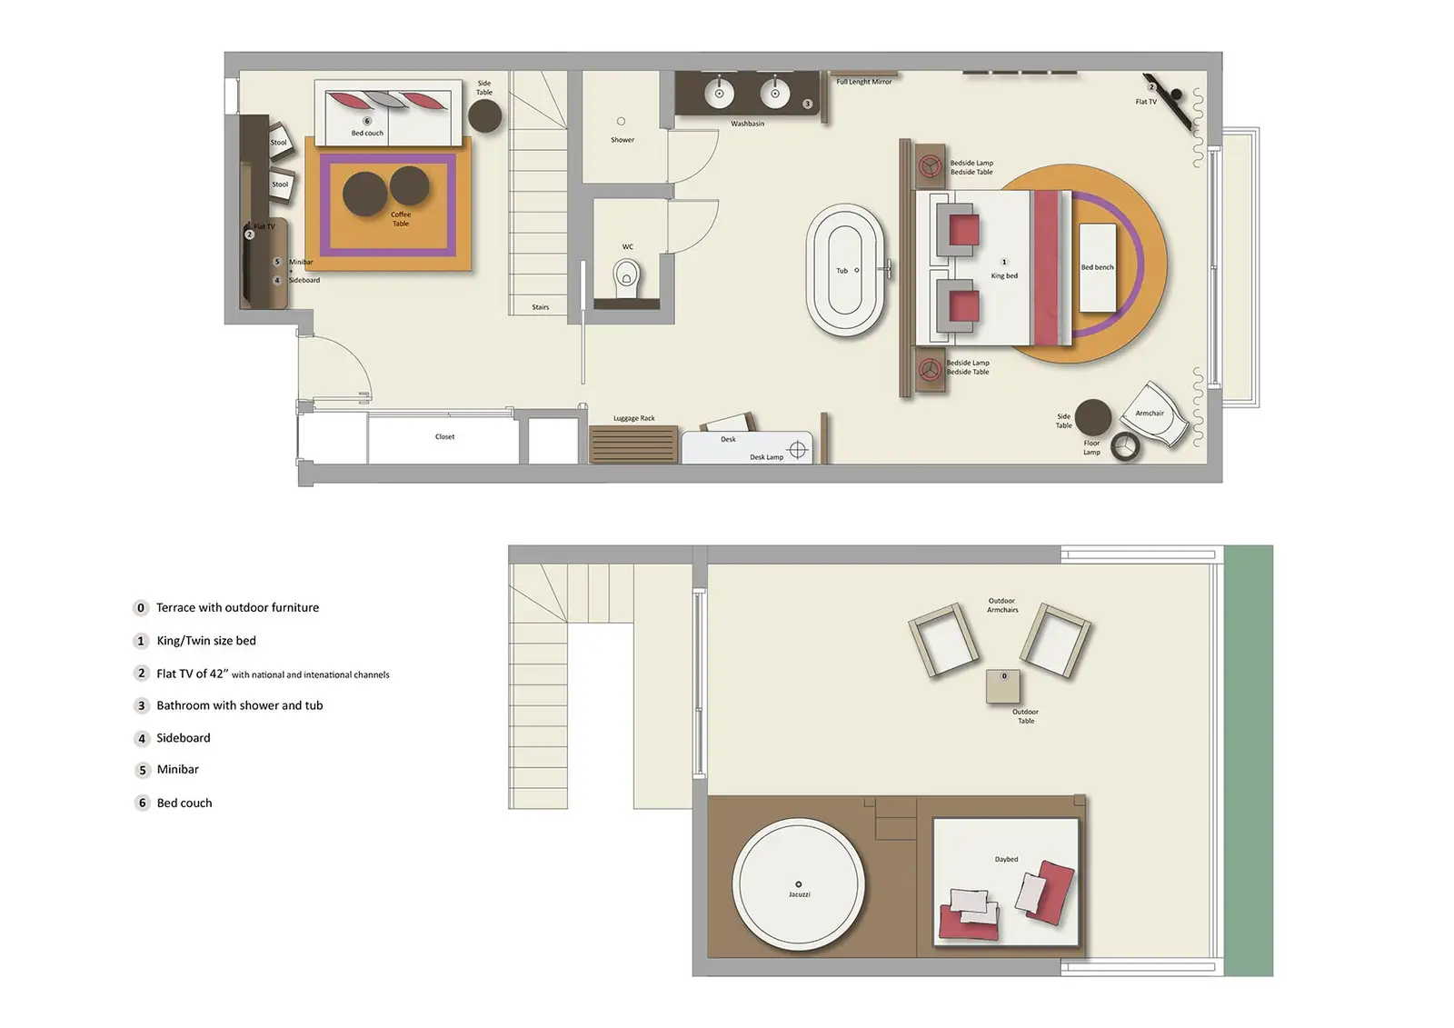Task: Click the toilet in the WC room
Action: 626,275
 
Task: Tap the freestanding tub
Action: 844,270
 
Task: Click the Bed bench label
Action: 1097,267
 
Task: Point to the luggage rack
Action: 633,444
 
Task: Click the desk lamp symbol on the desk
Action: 798,450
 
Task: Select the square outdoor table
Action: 1003,686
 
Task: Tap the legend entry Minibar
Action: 177,770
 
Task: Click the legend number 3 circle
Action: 141,706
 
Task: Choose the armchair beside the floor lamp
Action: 1155,416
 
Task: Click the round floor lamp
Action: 1127,445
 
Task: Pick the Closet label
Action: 444,437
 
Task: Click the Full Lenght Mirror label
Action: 863,82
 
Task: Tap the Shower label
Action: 622,140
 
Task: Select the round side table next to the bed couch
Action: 485,116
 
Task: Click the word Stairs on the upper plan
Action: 540,307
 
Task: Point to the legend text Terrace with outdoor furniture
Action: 237,608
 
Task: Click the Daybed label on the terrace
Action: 1006,860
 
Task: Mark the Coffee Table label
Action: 401,219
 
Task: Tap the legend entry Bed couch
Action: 184,803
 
